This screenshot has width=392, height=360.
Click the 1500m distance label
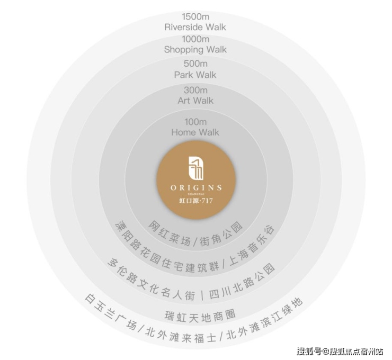(195, 17)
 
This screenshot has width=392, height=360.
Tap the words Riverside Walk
(195, 27)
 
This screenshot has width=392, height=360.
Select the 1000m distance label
(195, 39)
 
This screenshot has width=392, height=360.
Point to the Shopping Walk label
(195, 49)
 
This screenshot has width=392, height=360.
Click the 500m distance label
(195, 64)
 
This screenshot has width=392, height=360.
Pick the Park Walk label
(195, 75)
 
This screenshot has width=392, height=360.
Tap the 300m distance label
(195, 90)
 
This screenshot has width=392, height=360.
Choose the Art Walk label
(195, 101)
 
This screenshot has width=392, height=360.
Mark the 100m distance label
(195, 122)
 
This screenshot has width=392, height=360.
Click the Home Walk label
(195, 132)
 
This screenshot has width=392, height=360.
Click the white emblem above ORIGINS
(196, 168)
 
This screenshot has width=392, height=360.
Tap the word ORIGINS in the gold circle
(196, 187)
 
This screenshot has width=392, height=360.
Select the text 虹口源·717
(196, 200)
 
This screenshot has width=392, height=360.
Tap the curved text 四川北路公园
(242, 282)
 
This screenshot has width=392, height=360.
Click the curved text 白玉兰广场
(111, 312)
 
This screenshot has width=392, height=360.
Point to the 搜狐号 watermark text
(309, 352)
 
